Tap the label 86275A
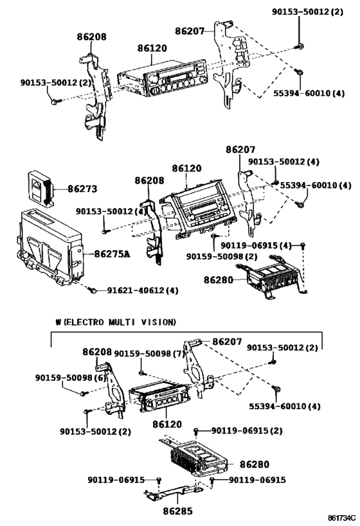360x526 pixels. (x=107, y=254)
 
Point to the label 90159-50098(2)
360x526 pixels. (x=222, y=257)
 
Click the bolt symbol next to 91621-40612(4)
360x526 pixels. (x=94, y=291)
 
